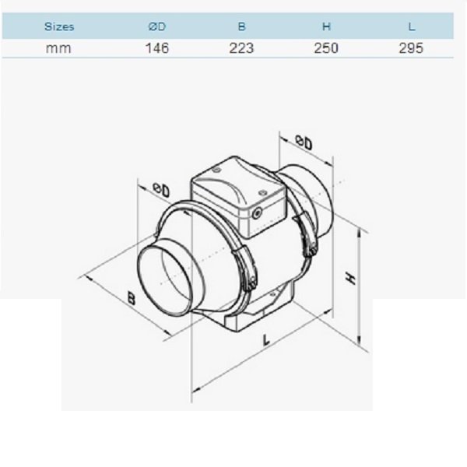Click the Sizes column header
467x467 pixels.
pos(59,26)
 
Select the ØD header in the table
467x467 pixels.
pos(157,26)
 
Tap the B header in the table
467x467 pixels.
pos(241,26)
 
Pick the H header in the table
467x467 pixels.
pos(326,26)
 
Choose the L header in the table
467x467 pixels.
pos(412,26)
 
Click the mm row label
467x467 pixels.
pos(58,48)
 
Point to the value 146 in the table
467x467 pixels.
pos(157,48)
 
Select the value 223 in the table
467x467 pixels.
pos(241,48)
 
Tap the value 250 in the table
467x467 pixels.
pos(326,48)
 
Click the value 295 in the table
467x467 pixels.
pos(411,48)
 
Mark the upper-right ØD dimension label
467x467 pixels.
pos(304,142)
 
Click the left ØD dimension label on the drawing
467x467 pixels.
pos(161,190)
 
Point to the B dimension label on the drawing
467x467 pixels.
pos(131,298)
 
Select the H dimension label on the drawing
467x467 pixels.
pos(350,278)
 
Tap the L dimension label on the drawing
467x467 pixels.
pos(266,340)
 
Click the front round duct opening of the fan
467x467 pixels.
pos(163,279)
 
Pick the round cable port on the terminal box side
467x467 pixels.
pos(256,212)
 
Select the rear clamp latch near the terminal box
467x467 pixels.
pos(308,233)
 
